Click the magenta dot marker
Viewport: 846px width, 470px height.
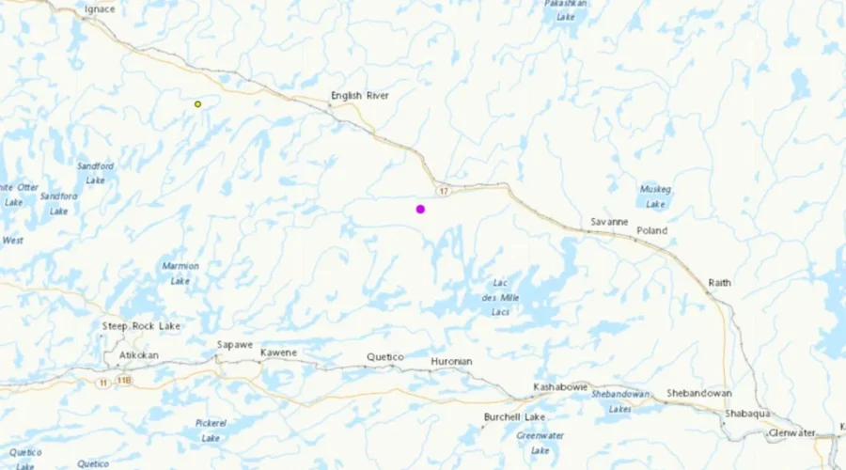(x=420, y=209)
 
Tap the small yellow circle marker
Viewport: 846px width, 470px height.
(x=197, y=104)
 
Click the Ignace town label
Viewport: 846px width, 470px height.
(x=100, y=9)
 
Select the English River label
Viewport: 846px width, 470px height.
(x=359, y=96)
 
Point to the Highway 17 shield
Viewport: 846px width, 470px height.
(x=443, y=192)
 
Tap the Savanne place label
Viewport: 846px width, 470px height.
(x=609, y=222)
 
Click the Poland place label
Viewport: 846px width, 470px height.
(x=651, y=230)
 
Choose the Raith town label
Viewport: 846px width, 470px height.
(x=719, y=283)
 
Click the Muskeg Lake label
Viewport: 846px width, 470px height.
(x=655, y=196)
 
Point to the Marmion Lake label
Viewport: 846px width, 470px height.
(x=180, y=273)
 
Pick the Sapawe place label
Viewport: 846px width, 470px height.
(x=235, y=345)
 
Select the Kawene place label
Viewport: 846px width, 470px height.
(x=278, y=352)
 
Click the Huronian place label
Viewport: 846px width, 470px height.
(x=451, y=362)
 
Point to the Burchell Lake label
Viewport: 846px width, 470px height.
(x=515, y=416)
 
